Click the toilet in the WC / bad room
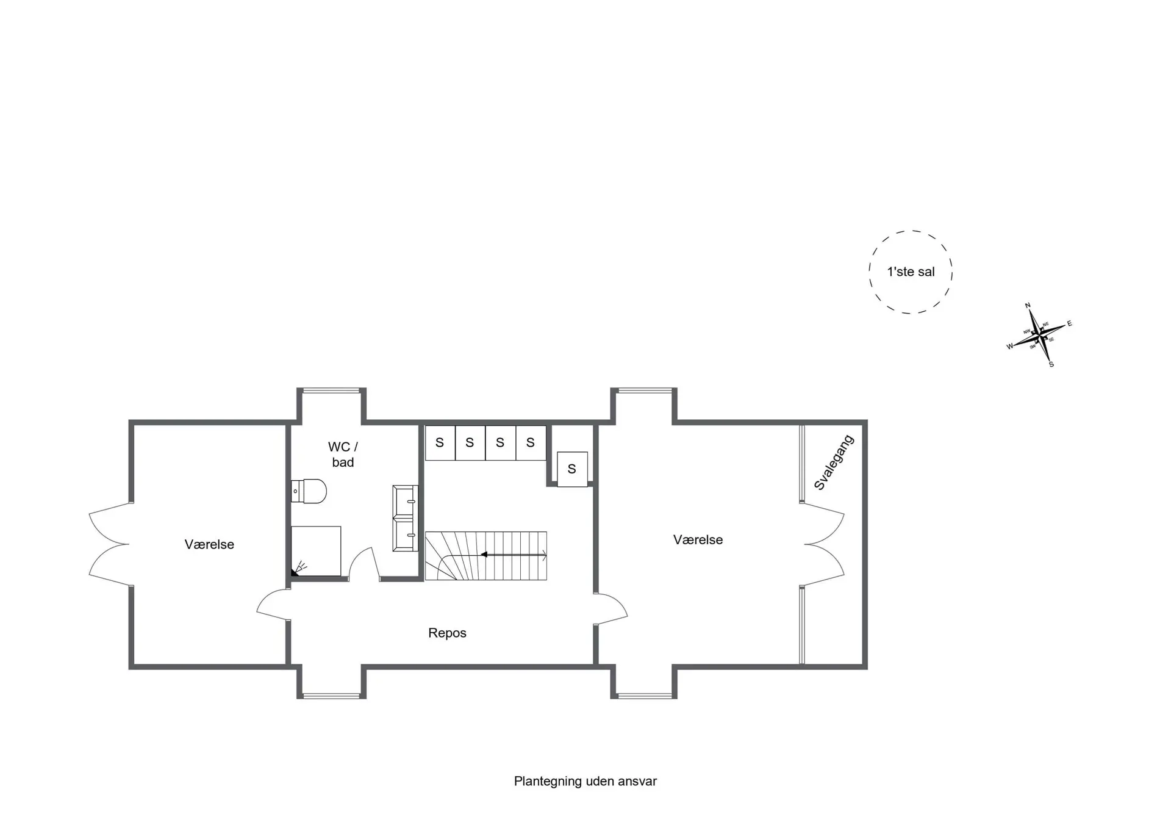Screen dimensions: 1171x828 [309, 491]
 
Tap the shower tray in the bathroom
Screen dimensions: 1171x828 [316, 551]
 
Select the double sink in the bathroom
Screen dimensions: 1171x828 [406, 518]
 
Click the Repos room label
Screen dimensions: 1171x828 [447, 633]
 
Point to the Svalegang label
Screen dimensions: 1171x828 [834, 463]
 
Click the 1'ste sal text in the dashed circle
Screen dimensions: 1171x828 [911, 272]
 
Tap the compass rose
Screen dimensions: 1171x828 [1039, 335]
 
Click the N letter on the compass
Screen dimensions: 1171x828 [1028, 306]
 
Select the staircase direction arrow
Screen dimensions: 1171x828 [514, 555]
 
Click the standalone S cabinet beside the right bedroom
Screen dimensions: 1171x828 [572, 469]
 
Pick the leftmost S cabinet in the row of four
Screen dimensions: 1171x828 [440, 442]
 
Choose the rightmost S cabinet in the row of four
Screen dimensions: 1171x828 [531, 442]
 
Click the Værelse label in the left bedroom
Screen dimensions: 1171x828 [209, 544]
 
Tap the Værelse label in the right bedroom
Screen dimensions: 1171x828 [698, 539]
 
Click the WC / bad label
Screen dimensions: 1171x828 [343, 455]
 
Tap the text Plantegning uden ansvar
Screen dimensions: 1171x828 [585, 781]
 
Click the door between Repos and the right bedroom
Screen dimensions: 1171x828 [611, 608]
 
